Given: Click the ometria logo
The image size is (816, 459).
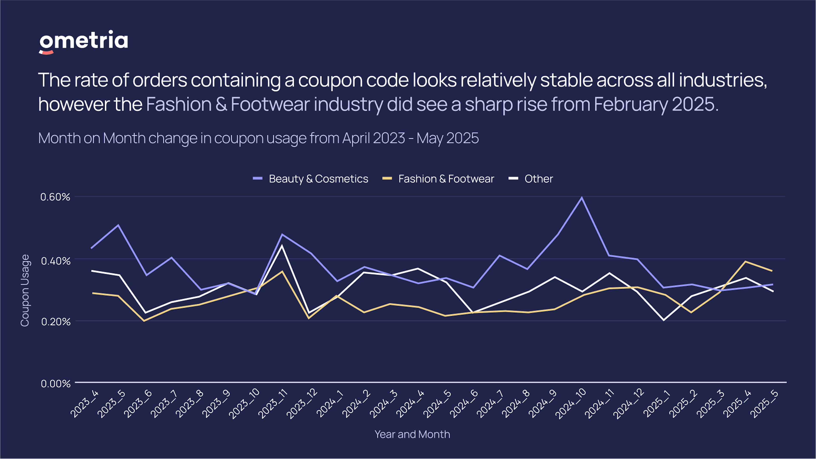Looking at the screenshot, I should coord(83,42).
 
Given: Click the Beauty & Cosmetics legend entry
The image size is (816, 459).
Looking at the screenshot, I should coord(311,179).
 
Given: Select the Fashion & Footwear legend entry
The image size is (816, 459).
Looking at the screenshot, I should coord(438,179).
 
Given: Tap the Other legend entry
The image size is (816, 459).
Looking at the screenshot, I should coord(531,179).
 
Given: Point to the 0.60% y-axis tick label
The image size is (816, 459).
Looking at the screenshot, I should coord(55,197).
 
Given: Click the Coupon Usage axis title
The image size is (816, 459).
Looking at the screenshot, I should coord(25,290).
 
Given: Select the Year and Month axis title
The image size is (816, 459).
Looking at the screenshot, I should coord(412,434).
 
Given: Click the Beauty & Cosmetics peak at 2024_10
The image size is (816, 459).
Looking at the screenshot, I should coord(582,198).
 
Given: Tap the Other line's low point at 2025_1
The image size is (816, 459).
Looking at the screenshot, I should coord(664,320).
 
